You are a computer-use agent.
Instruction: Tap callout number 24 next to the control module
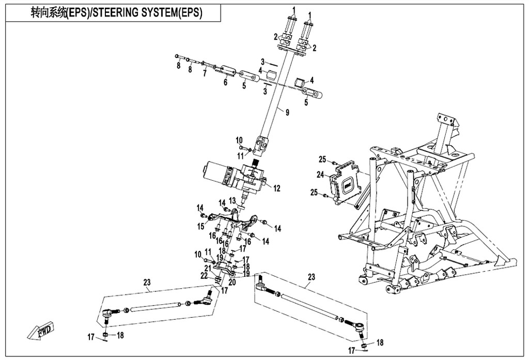click(x=321, y=175)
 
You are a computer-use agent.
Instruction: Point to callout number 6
click(x=225, y=82)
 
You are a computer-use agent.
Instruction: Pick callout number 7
click(x=205, y=73)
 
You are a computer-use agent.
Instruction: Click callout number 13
click(x=232, y=200)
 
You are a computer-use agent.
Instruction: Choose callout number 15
click(x=200, y=226)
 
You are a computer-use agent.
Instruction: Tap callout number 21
click(x=207, y=268)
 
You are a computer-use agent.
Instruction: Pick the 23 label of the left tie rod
click(x=147, y=283)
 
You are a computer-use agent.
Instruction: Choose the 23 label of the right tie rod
click(x=311, y=277)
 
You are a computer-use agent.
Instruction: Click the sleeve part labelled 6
click(x=228, y=70)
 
